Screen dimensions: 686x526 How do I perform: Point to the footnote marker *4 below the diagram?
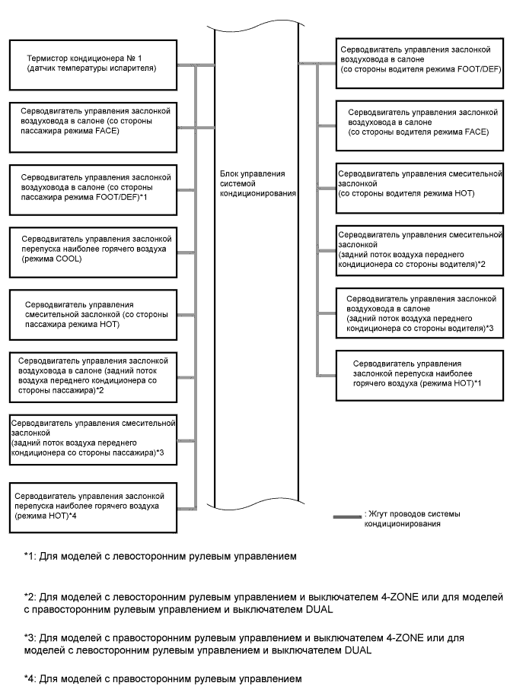29,676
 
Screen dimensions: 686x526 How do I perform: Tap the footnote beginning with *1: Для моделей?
160,556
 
